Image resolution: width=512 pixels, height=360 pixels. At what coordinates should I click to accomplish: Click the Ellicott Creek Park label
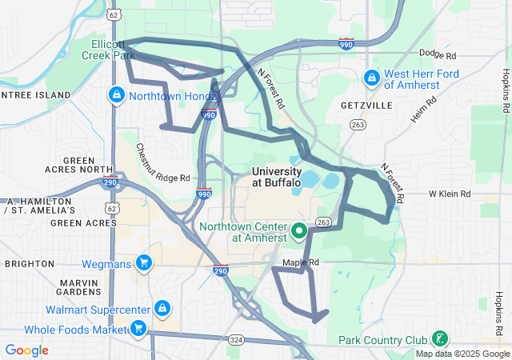(107, 50)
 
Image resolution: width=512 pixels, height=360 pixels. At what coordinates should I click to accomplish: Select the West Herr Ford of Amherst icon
(372, 78)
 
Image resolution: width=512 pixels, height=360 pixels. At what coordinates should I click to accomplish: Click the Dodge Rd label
(437, 56)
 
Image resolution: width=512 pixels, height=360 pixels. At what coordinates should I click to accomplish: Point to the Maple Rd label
(301, 262)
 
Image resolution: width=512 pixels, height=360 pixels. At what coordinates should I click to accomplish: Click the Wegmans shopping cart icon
(144, 262)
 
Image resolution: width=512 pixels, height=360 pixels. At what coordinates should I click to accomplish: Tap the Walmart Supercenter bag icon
(162, 309)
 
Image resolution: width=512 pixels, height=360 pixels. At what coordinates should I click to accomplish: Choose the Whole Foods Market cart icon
(138, 328)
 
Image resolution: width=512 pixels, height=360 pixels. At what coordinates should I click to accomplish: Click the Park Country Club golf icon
(438, 338)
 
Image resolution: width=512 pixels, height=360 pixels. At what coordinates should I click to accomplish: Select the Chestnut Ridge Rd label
(162, 162)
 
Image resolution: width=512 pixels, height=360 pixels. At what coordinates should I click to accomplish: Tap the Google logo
(26, 350)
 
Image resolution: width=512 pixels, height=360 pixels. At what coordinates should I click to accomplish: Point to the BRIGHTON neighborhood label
(29, 264)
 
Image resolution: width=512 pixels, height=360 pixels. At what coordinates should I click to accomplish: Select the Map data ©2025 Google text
(462, 354)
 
